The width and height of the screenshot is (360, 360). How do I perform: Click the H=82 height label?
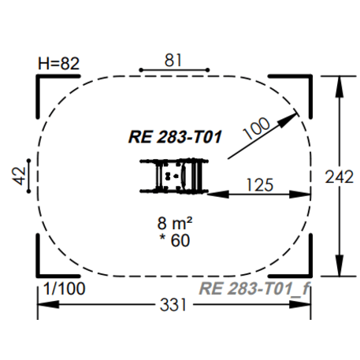coord(59,64)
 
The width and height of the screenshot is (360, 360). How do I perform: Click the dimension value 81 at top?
coord(174,58)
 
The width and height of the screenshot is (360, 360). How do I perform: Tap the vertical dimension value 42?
coord(17,174)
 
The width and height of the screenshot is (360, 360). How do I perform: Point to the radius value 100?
coord(257,126)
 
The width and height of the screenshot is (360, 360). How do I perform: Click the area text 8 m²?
coord(174,223)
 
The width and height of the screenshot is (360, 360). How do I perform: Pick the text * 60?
coord(174,240)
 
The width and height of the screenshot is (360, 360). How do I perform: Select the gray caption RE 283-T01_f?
coord(255,288)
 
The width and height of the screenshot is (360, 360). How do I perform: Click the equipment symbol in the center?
coord(173,175)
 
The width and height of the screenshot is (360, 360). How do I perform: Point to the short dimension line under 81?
coord(174,70)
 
